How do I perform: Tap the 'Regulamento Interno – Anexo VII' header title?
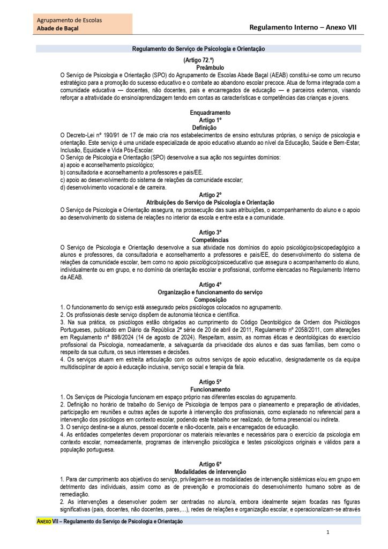click(x=303, y=27)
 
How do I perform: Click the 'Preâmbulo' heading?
click(x=199, y=68)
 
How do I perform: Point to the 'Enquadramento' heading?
click(x=210, y=113)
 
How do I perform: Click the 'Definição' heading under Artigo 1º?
click(x=204, y=128)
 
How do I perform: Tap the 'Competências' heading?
click(x=210, y=240)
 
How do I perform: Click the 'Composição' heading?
click(x=210, y=300)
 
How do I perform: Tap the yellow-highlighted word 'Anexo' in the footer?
click(x=44, y=521)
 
